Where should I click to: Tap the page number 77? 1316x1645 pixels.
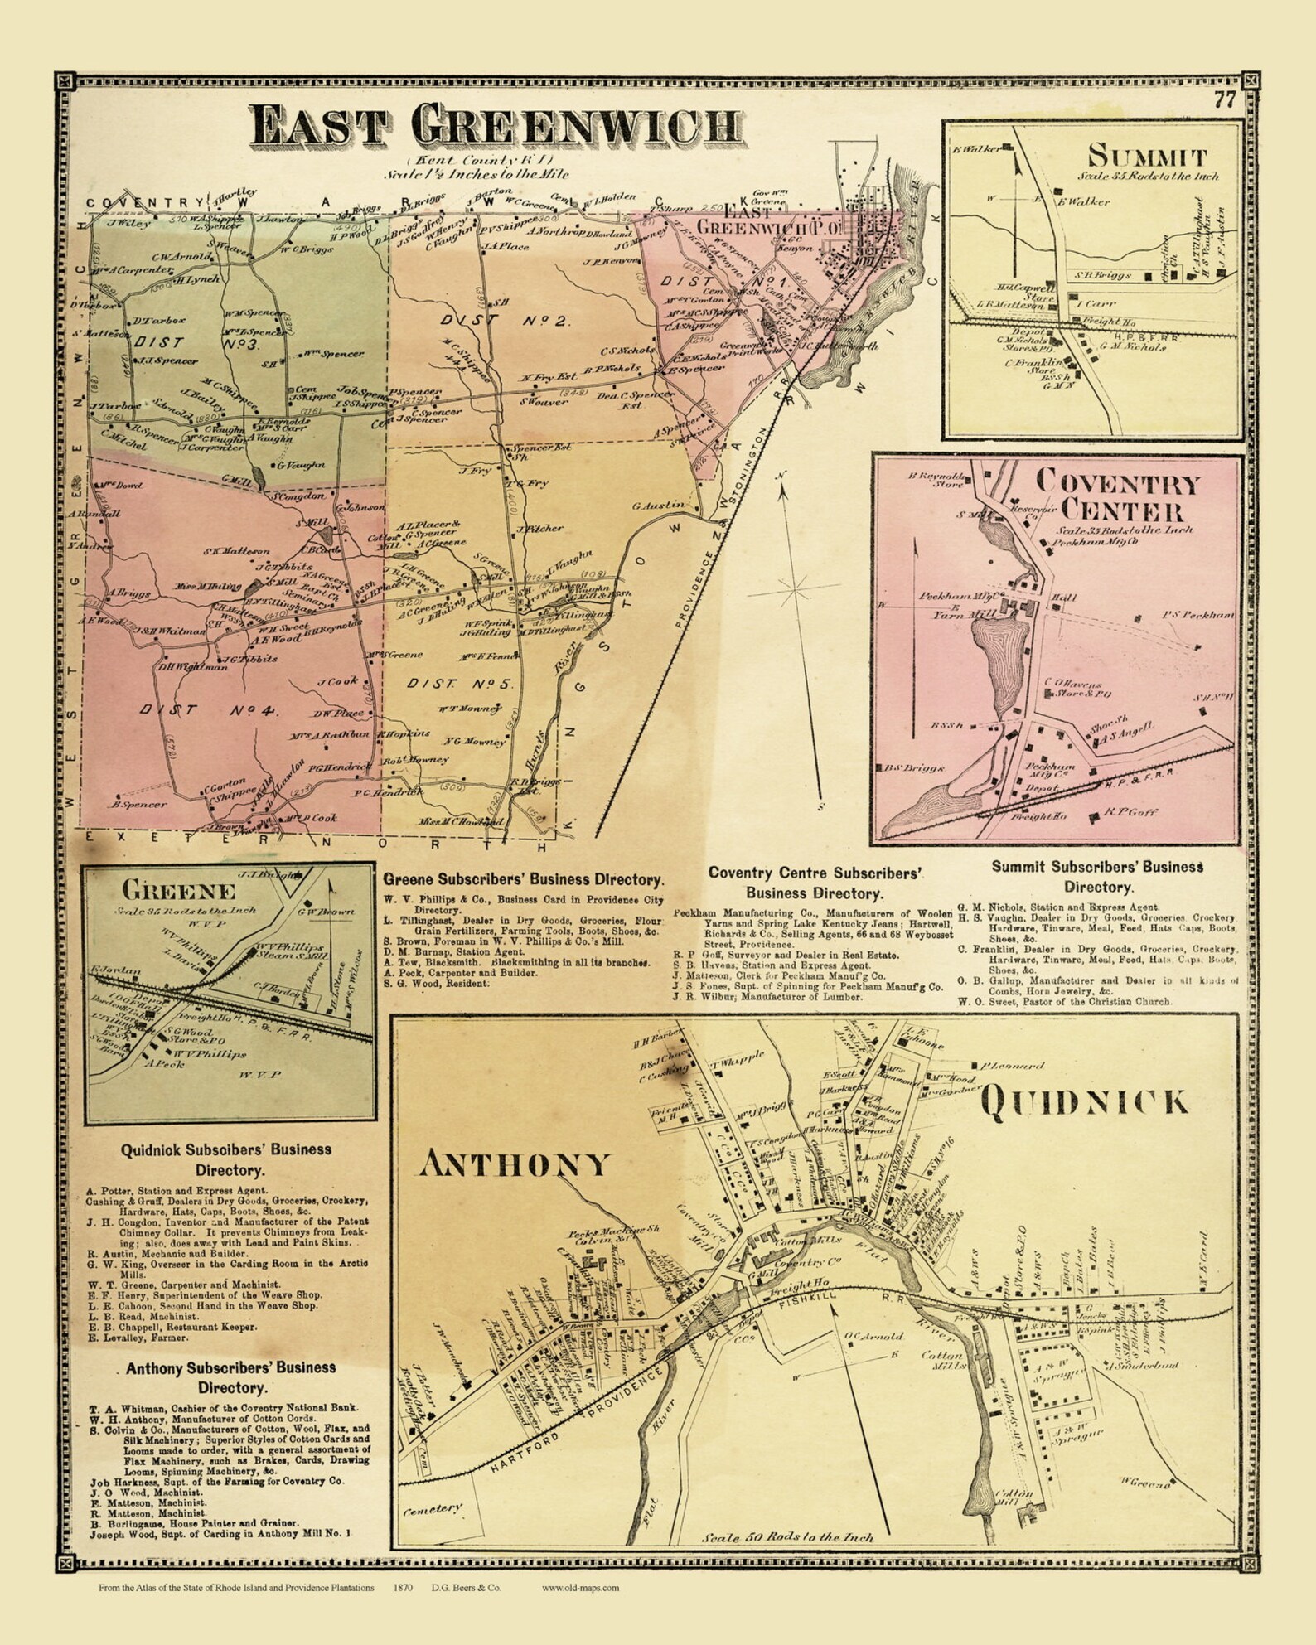click(1225, 101)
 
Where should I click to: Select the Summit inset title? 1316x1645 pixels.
click(1147, 155)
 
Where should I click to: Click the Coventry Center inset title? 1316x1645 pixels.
click(1116, 495)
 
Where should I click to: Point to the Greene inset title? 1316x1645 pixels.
click(179, 891)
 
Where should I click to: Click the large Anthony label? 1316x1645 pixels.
click(515, 1164)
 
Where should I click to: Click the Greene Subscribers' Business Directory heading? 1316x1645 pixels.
click(523, 880)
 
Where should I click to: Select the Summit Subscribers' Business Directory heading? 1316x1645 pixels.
click(1097, 877)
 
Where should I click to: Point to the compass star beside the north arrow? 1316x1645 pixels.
click(794, 589)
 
